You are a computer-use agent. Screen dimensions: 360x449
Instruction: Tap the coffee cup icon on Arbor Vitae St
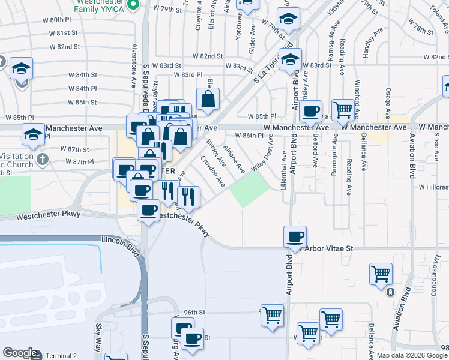(x=295, y=236)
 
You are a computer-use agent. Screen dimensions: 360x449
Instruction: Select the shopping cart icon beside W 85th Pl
(x=343, y=110)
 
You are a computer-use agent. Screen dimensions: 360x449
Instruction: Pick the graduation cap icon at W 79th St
(x=288, y=19)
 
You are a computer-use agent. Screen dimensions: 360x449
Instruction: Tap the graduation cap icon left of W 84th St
(x=22, y=68)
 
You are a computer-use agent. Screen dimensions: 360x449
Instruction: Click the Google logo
(x=20, y=353)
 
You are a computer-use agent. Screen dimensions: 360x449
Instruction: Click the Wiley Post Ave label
(x=262, y=155)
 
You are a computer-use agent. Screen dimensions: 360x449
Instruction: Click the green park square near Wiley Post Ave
(x=249, y=191)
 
